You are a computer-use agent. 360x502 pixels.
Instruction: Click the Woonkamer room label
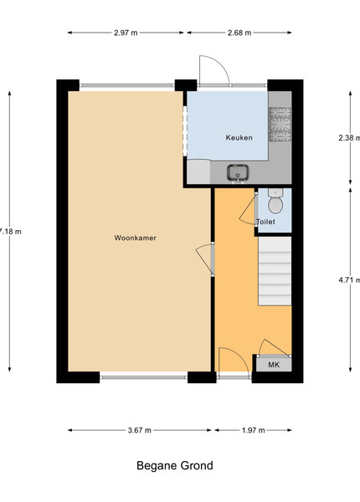point(135,238)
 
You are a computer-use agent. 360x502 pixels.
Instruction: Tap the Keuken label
point(239,138)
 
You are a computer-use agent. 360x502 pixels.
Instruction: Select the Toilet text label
point(265,222)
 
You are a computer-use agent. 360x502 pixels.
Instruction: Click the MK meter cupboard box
point(274,364)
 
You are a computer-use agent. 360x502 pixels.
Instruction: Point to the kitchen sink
point(238,173)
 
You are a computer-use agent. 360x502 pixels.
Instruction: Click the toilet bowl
point(275,202)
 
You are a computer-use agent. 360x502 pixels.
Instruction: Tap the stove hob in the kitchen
point(280,124)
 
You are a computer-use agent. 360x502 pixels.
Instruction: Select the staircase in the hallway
point(275,271)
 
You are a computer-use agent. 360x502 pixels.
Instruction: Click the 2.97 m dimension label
point(126,33)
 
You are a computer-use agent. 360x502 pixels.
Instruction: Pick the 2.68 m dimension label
point(239,33)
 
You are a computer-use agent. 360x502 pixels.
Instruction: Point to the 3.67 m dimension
point(139,430)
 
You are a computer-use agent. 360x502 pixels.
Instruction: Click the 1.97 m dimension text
point(254,430)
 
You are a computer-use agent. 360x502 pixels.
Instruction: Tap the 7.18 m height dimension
point(10,232)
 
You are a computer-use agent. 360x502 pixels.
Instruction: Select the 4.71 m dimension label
point(349,279)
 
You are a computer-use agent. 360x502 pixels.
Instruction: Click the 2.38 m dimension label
point(349,138)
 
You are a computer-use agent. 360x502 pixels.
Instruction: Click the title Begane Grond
point(174,465)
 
